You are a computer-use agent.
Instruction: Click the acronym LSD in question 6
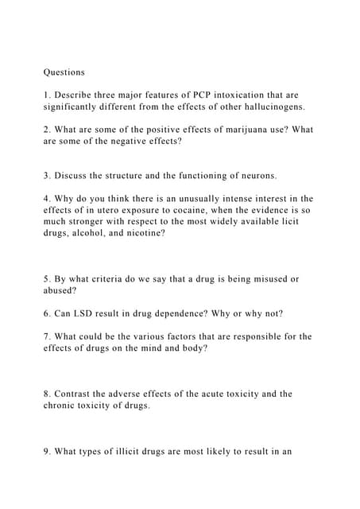click(x=91, y=313)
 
